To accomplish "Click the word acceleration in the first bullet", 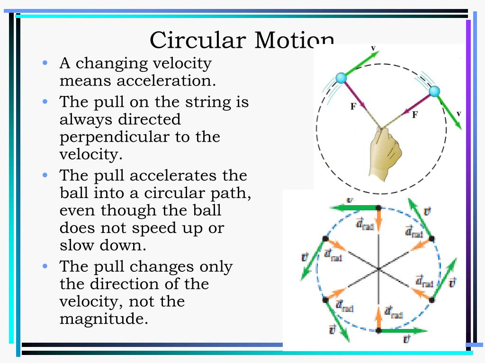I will [166, 81].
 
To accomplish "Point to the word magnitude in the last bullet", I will [101, 319].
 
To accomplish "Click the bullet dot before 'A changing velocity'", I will [45, 63].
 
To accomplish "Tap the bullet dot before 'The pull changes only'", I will [45, 266].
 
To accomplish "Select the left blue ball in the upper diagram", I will [341, 78].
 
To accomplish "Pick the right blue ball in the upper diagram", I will [434, 91].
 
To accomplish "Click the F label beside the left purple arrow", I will [353, 107].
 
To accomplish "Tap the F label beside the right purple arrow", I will [415, 114].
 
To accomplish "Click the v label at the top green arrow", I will [373, 48].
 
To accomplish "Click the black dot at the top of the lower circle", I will [378, 207].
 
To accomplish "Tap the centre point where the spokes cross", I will [378, 269].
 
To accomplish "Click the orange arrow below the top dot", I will [378, 219].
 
